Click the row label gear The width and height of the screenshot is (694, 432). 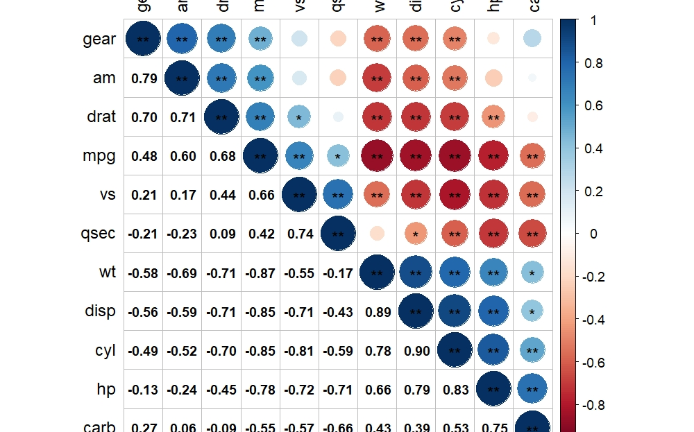click(99, 40)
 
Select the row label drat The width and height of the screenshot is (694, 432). click(101, 117)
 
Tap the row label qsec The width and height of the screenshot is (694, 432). click(98, 234)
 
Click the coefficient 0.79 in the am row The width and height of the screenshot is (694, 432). click(144, 78)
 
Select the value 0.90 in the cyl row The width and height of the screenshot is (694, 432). click(416, 352)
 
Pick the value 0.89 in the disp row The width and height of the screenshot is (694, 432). click(377, 312)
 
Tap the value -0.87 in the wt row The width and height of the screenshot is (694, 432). click(260, 273)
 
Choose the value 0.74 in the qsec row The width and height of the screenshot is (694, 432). click(299, 234)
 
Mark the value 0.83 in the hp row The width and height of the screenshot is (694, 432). click(455, 390)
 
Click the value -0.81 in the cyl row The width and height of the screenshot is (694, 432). click(299, 352)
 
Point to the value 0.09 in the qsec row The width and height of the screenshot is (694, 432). click(221, 234)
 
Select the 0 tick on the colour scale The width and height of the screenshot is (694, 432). click(594, 234)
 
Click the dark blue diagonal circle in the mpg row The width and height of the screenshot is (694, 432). click(260, 156)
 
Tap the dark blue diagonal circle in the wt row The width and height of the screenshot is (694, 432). click(377, 273)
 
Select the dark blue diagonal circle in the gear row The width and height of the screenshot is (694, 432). click(144, 40)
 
